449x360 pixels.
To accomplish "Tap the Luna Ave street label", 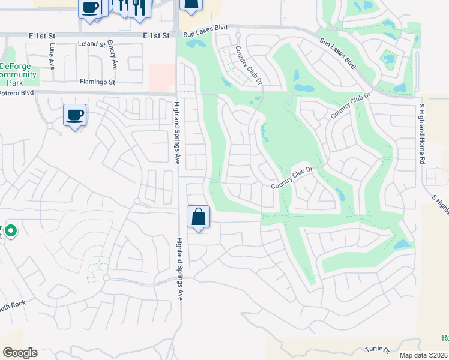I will (53, 55).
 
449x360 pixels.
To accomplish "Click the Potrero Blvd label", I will (17, 93).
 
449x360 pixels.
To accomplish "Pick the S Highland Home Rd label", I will (422, 134).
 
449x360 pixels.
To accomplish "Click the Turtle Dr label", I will (378, 349).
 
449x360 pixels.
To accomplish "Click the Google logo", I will (20, 353).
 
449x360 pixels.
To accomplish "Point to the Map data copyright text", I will (423, 355).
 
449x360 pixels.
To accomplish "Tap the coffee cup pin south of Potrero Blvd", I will (74, 114).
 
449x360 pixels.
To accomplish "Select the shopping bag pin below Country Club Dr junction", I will (199, 216).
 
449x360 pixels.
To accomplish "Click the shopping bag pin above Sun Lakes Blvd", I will (191, 5).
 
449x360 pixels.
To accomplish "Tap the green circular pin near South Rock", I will (10, 230).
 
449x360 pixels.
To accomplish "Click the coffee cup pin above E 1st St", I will (90, 8).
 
